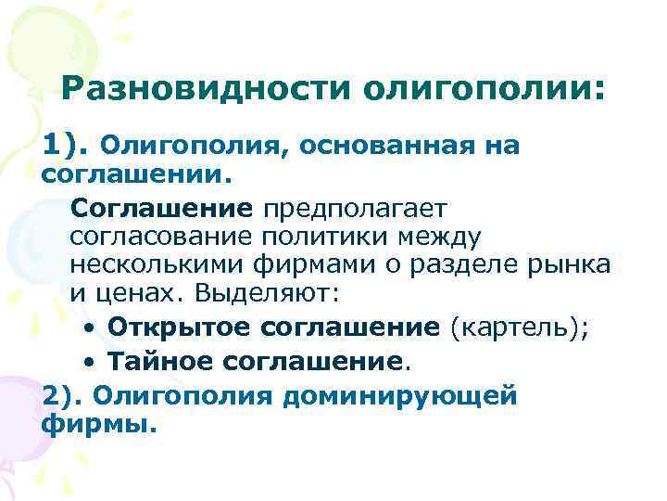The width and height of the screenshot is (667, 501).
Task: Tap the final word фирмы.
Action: [100, 425]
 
